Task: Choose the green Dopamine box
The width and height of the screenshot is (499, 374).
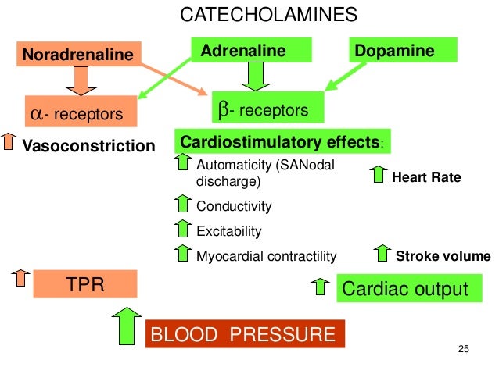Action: pyautogui.click(x=404, y=52)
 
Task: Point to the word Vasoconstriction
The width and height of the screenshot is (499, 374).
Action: pyautogui.click(x=88, y=146)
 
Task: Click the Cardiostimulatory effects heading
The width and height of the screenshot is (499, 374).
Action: pyautogui.click(x=282, y=143)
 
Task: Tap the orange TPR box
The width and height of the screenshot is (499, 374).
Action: pyautogui.click(x=84, y=283)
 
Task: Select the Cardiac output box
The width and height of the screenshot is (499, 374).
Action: pyautogui.click(x=404, y=289)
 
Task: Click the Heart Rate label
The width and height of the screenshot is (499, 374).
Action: pyautogui.click(x=426, y=178)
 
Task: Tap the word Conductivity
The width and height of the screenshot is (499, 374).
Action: pyautogui.click(x=234, y=207)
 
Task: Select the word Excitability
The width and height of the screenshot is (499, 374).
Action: pyautogui.click(x=228, y=231)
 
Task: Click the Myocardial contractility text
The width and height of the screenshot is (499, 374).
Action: pyautogui.click(x=266, y=256)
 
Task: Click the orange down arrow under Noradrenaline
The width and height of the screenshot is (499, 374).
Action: pyautogui.click(x=81, y=79)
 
